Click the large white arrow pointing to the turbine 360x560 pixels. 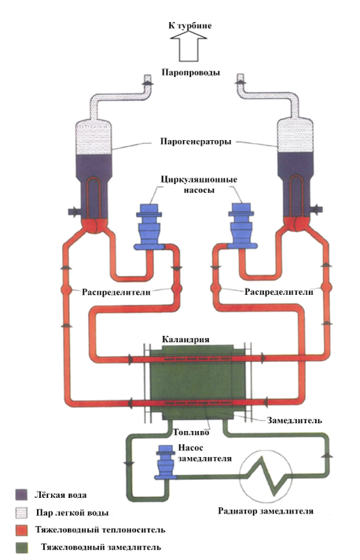coord(189,46)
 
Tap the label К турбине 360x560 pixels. coord(189,25)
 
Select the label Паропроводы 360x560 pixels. coord(190,72)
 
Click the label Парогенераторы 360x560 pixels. coord(196,142)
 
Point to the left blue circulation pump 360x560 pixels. coord(149,227)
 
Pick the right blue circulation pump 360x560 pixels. coord(241,226)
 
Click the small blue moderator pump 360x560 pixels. coord(165,462)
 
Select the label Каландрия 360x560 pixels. coord(186,339)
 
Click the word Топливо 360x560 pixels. coord(191,432)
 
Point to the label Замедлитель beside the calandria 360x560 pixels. coord(294,420)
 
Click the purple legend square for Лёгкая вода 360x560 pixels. coord(21,495)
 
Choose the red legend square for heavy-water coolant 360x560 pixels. coord(22,529)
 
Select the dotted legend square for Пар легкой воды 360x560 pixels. coord(21,512)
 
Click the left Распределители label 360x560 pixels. coord(116,292)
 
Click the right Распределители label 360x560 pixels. coord(279,292)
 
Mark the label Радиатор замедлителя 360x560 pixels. coord(266,510)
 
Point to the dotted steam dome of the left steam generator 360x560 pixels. coord(94,137)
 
